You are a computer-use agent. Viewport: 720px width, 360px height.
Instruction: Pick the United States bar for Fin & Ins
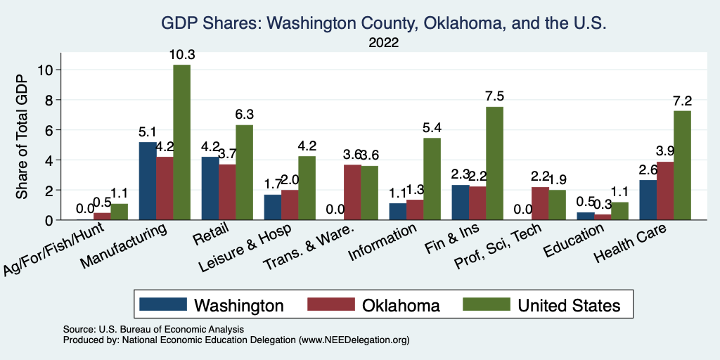[x=494, y=163]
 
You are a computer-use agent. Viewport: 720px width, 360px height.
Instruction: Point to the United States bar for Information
[x=432, y=179]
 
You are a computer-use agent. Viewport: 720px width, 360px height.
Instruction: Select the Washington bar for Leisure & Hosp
[x=272, y=207]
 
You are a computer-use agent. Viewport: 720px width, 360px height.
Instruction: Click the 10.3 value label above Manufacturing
[x=181, y=55]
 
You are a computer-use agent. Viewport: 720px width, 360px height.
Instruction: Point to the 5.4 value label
[x=432, y=128]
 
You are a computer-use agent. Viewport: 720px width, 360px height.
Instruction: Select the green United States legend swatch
[x=486, y=305]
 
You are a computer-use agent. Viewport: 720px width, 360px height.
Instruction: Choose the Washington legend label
[x=239, y=305]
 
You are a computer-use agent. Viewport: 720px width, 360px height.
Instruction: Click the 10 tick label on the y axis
[x=46, y=70]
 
